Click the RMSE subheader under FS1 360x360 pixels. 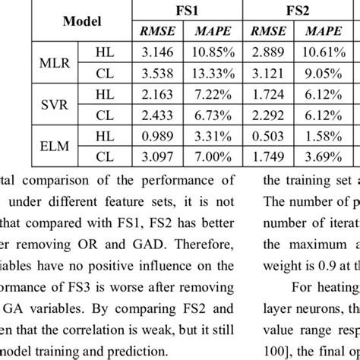tap(156, 33)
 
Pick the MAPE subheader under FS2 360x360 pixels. tap(327, 33)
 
